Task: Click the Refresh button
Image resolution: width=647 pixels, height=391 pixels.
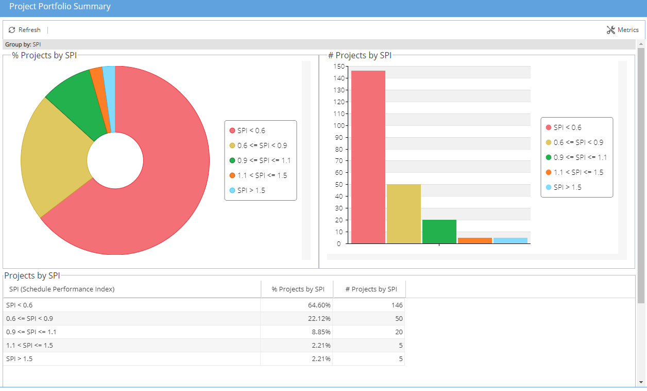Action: (x=25, y=30)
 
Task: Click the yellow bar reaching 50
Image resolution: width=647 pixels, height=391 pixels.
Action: (x=403, y=214)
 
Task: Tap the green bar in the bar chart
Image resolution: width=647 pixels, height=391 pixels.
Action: (x=439, y=232)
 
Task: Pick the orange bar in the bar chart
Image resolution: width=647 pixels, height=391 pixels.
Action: (x=474, y=240)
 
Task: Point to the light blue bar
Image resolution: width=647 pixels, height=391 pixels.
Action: (x=510, y=240)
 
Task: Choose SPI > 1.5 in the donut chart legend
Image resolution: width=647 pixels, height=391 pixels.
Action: (x=251, y=190)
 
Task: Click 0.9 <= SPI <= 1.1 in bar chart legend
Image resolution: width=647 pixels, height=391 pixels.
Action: (x=580, y=157)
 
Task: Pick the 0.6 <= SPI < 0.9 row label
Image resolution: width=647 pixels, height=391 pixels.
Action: (x=29, y=318)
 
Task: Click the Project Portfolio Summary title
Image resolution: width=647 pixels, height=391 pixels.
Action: (x=60, y=7)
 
